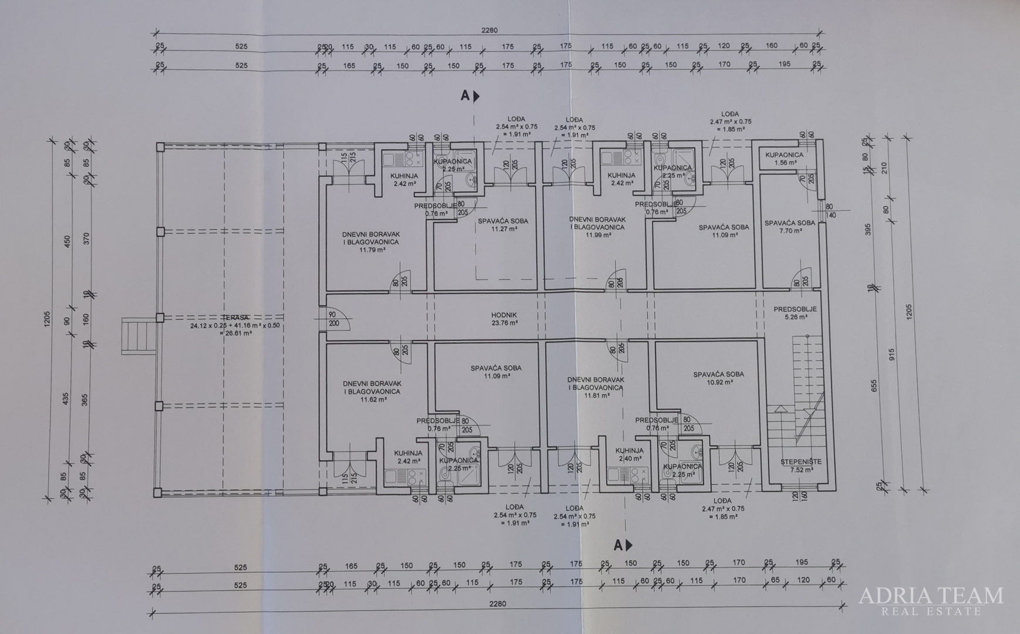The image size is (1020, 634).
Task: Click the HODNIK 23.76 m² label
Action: (x=504, y=319)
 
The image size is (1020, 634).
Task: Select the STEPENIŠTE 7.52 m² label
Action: (x=800, y=466)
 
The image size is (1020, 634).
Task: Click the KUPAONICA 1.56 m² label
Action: (x=785, y=158)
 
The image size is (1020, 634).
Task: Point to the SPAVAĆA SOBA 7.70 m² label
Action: (x=790, y=227)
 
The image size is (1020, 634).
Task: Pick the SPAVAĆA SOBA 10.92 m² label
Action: (x=719, y=378)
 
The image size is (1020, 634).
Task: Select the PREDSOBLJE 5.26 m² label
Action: (x=795, y=313)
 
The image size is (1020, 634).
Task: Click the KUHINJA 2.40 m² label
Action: (x=629, y=454)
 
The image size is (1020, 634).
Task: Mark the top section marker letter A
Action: (x=465, y=96)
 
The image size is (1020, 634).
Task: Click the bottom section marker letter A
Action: (x=618, y=545)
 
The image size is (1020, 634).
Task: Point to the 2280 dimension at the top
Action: (x=489, y=31)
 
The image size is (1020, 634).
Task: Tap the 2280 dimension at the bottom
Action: (x=497, y=603)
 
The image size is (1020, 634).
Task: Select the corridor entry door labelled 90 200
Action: (x=336, y=319)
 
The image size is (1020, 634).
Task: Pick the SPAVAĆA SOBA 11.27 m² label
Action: (x=503, y=225)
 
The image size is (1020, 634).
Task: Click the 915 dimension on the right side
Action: (x=891, y=354)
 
